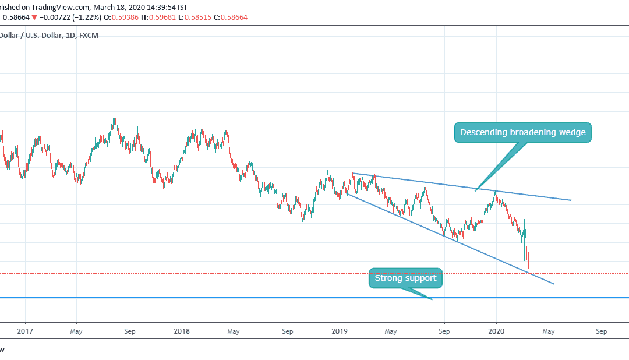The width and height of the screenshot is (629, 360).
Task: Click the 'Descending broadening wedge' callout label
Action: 522,132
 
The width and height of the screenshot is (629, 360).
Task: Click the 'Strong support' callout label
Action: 405,278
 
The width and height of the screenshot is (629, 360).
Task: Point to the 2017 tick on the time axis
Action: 25,331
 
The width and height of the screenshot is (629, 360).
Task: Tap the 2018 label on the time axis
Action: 182,331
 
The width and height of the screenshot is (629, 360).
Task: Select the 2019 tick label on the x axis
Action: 340,331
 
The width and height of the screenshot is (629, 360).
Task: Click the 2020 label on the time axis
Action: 496,331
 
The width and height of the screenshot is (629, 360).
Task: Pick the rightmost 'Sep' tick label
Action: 602,331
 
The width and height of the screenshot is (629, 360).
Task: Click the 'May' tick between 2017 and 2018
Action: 76,331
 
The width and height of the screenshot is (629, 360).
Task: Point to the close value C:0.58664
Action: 230,17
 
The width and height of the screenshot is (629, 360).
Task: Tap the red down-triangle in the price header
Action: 34,17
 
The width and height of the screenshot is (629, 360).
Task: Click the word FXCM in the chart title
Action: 88,34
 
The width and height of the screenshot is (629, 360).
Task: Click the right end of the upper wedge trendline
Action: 570,200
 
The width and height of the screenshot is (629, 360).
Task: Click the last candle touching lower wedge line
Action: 529,271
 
